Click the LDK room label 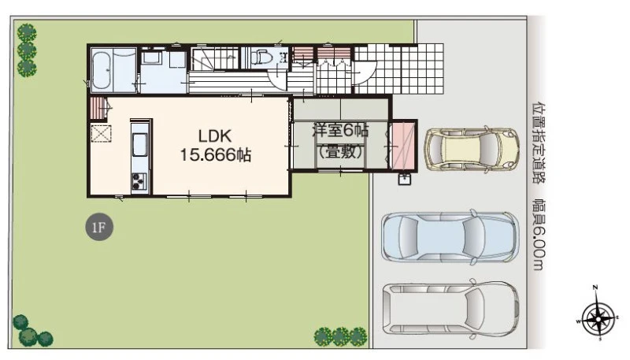215,136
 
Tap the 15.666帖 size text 215,154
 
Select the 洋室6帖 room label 341,130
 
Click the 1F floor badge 99,228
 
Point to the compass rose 598,318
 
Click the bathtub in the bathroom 102,70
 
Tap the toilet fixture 262,57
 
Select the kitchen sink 139,145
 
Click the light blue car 450,237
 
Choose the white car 450,310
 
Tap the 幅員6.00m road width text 538,234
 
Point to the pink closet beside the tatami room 403,146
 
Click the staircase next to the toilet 215,58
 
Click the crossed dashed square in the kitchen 101,133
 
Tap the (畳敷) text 341,152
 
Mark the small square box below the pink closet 405,179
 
